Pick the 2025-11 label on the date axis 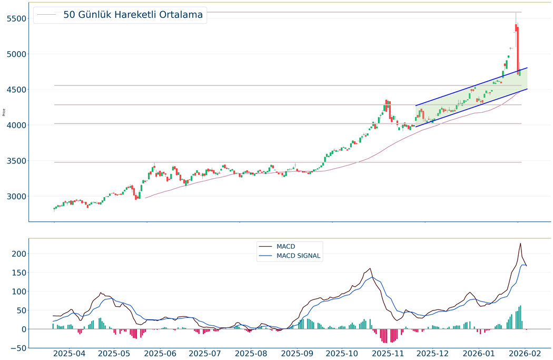389,353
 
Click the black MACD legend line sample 265,246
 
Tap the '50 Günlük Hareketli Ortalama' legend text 133,15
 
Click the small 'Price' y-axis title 4,112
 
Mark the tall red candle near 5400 518,51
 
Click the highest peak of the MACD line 520,244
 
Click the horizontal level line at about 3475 263,162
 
